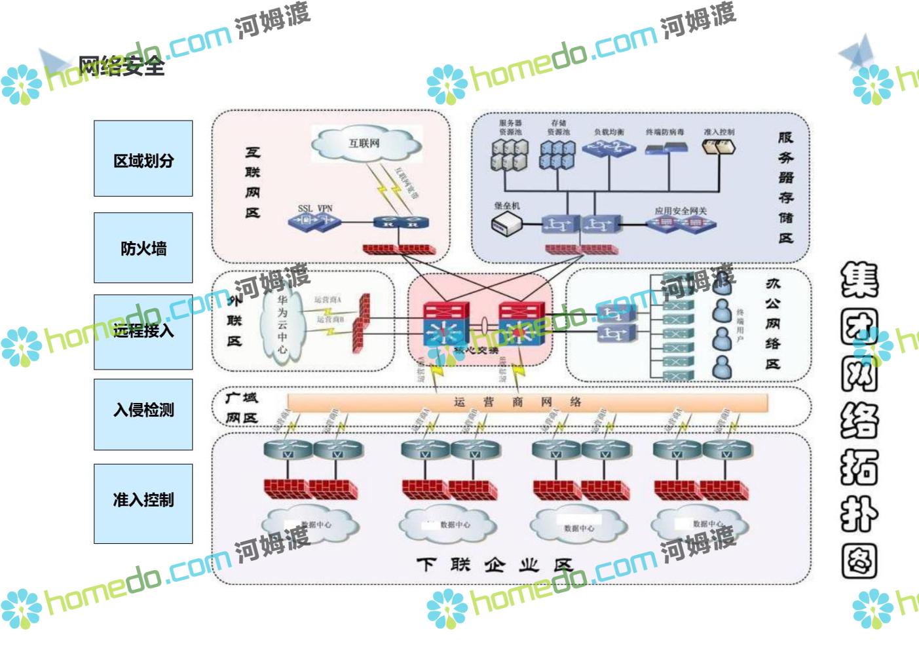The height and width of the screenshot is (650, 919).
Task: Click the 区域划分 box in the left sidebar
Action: point(143,159)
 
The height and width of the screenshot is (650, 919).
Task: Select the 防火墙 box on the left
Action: point(143,248)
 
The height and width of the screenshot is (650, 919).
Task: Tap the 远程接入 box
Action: point(143,332)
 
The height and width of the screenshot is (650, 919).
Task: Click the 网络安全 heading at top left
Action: point(121,66)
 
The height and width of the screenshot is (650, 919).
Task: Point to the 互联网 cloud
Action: point(364,143)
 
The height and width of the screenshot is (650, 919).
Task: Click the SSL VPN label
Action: point(315,208)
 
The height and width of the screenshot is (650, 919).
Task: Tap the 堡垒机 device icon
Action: point(506,224)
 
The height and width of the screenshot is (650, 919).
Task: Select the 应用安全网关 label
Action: point(681,211)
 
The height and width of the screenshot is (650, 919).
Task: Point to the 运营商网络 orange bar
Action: point(527,402)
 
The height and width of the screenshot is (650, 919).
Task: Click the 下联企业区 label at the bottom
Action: point(495,564)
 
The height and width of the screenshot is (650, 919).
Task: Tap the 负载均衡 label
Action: point(609,132)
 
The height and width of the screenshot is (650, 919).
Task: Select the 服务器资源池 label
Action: point(510,127)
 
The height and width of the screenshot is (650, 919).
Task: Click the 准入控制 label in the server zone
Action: point(719,132)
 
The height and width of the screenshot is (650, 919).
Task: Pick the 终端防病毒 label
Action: point(665,132)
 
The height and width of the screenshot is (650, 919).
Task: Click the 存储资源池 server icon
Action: point(557,156)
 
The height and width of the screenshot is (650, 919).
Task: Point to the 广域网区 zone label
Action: point(241,408)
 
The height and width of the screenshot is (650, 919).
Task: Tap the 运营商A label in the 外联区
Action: point(328,299)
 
